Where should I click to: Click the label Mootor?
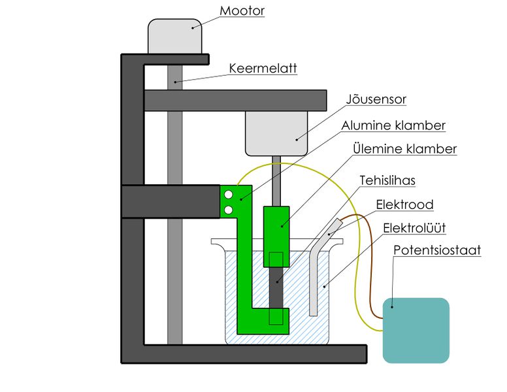click(241, 11)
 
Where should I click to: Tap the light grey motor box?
click(174, 36)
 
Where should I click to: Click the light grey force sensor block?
click(276, 133)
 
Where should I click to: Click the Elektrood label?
click(404, 205)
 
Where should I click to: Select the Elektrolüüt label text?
click(414, 229)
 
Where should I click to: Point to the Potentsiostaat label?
click(437, 251)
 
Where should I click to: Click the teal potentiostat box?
click(416, 330)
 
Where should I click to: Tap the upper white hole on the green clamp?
click(229, 194)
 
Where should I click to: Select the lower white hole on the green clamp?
click(229, 209)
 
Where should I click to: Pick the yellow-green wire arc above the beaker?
click(307, 168)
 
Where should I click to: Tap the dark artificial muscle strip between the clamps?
click(276, 287)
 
